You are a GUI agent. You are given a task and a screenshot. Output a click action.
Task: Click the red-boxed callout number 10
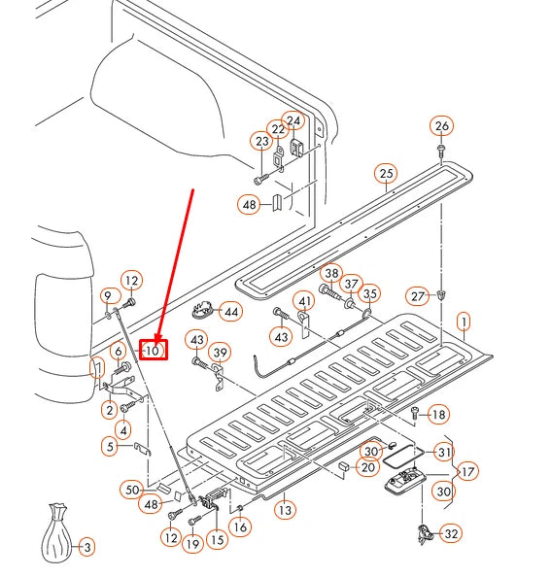tap(153, 350)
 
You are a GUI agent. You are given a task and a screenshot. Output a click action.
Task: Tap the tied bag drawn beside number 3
tap(56, 533)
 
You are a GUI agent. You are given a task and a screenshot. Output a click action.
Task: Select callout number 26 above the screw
tap(442, 126)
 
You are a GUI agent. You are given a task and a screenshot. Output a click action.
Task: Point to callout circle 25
tap(386, 173)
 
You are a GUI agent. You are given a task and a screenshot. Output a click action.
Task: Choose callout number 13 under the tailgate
tap(286, 510)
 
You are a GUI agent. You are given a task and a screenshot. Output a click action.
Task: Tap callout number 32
tap(451, 533)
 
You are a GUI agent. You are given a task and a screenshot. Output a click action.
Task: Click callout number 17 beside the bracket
tap(467, 471)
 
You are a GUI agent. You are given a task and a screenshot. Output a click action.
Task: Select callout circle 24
tap(293, 120)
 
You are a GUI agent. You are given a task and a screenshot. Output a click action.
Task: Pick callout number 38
tap(331, 273)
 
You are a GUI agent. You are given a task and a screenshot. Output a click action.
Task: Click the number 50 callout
tap(132, 490)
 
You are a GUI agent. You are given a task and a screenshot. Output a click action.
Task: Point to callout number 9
tap(108, 296)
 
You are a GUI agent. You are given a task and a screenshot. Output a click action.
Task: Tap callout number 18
tap(438, 415)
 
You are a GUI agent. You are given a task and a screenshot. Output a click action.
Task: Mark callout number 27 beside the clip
tap(418, 296)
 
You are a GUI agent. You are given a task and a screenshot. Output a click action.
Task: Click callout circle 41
tap(305, 302)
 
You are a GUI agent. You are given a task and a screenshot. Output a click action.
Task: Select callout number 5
tap(111, 447)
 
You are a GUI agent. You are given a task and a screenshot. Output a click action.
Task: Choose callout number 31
tap(445, 452)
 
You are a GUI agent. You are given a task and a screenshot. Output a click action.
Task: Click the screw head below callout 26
tap(440, 148)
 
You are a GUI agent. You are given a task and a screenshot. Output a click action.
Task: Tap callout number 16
tap(240, 526)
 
